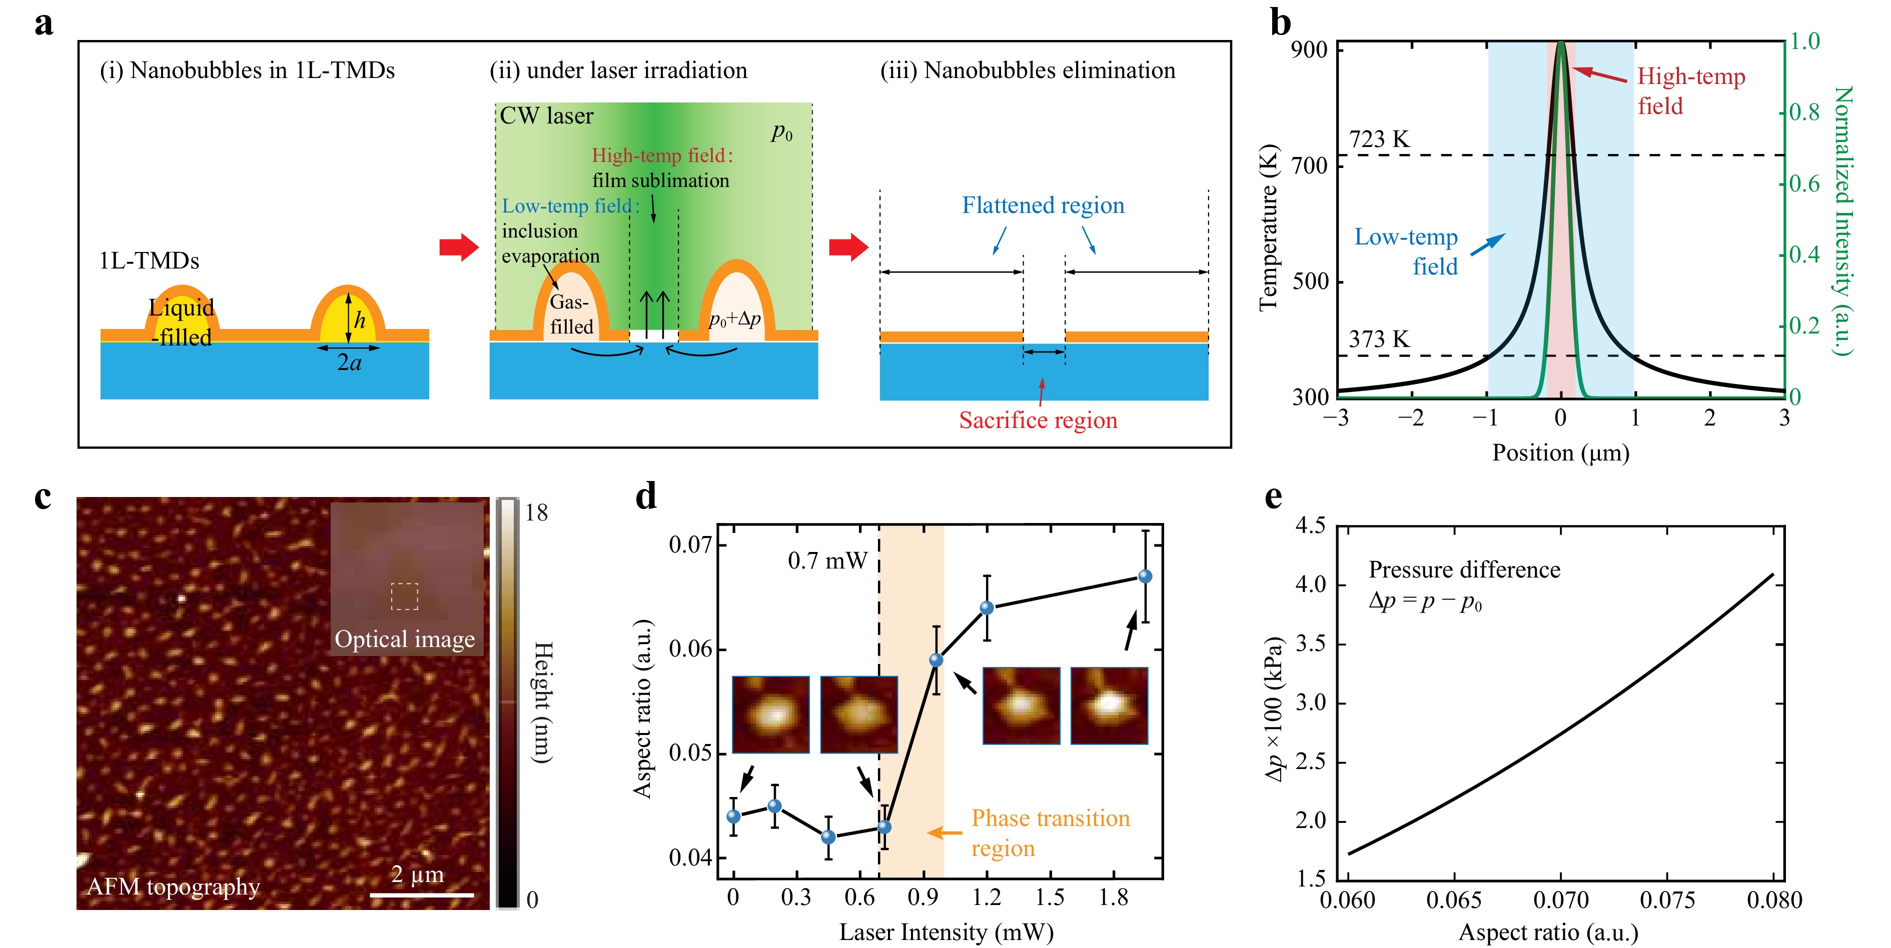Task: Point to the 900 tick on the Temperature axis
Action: (x=1309, y=50)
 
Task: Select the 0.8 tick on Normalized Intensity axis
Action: (x=1804, y=112)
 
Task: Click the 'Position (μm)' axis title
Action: (x=1560, y=452)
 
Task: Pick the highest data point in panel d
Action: (x=1145, y=576)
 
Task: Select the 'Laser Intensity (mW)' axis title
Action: (x=946, y=932)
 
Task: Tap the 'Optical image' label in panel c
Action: (x=405, y=639)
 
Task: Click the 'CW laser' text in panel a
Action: (x=546, y=116)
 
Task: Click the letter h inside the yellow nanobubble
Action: (x=359, y=320)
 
